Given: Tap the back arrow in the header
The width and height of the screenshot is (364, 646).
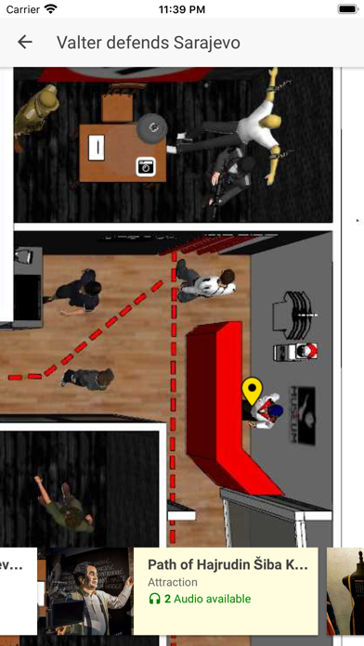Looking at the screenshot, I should click(25, 42).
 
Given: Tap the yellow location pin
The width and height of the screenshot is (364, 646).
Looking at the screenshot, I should click(252, 390).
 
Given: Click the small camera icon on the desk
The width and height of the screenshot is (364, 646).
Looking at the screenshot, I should click(145, 166).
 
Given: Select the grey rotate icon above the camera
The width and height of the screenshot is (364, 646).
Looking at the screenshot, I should click(149, 127).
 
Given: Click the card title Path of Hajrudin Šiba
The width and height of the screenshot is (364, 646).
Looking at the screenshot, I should click(227, 564).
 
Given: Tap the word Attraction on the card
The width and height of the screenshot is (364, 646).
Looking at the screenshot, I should click(173, 582).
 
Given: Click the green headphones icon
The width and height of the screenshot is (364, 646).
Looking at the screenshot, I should click(154, 599).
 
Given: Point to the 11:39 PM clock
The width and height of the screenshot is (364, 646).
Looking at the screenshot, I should click(182, 9).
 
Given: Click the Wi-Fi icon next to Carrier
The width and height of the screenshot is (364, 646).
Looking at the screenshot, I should click(50, 9).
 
